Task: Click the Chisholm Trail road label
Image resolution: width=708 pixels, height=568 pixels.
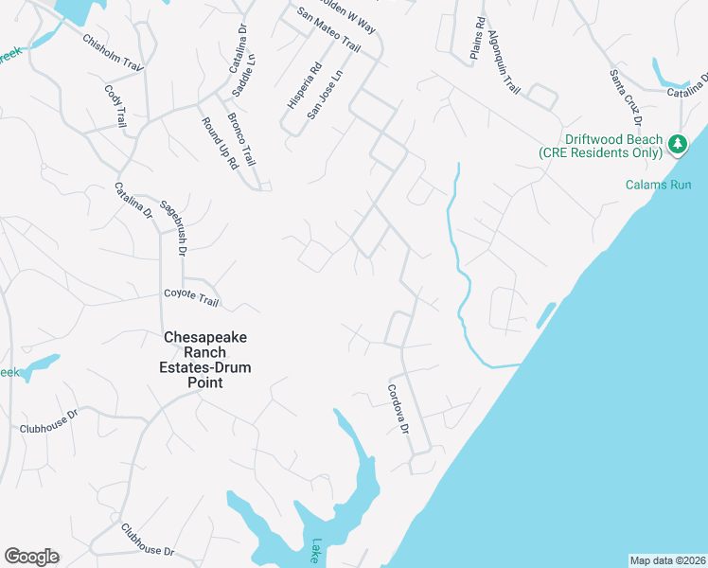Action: point(112,54)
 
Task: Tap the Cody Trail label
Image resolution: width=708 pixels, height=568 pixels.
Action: point(115,105)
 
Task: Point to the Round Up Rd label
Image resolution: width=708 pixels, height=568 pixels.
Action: point(219,142)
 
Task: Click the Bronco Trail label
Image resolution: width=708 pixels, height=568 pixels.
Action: point(241,138)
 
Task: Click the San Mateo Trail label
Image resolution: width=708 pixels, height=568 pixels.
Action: point(329,31)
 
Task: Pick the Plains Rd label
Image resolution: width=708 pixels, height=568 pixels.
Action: point(478,39)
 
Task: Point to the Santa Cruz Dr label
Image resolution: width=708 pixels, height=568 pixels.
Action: point(626,98)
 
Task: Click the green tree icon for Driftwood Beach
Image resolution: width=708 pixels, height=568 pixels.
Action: point(677,144)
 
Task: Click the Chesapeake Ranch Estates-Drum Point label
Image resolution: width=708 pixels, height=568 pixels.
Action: point(207,360)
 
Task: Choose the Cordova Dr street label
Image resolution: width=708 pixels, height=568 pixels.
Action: point(398,408)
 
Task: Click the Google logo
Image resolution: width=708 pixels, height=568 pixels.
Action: point(31,557)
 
